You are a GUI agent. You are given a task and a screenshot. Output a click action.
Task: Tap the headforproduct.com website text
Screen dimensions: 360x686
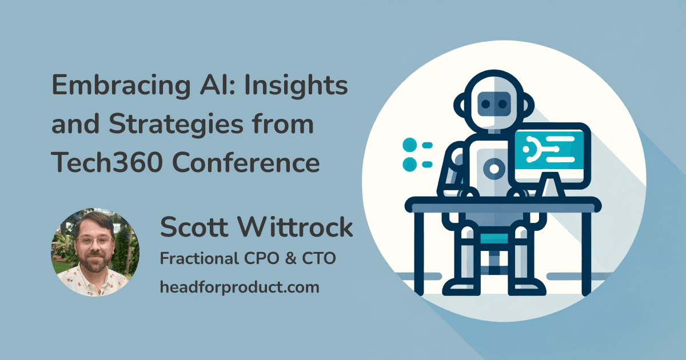coord(239,287)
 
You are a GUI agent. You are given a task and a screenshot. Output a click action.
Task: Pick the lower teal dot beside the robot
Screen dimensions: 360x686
coord(409,165)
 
